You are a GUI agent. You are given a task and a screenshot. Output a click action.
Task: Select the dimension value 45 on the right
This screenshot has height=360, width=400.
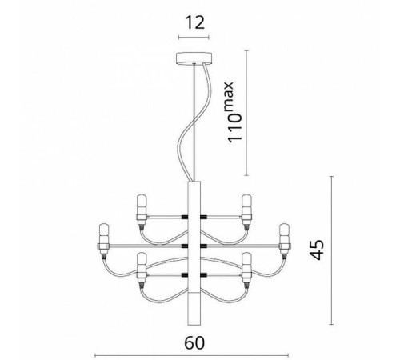(x=362, y=251)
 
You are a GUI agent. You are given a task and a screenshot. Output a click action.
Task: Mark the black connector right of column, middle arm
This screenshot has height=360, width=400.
(x=203, y=243)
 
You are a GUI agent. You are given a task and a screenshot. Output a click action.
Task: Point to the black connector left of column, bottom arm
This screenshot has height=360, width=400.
(x=185, y=272)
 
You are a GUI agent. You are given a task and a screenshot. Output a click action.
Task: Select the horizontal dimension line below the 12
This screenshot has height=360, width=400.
(x=194, y=36)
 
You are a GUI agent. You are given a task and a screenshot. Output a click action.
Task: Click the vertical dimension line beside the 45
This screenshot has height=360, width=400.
(x=331, y=252)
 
